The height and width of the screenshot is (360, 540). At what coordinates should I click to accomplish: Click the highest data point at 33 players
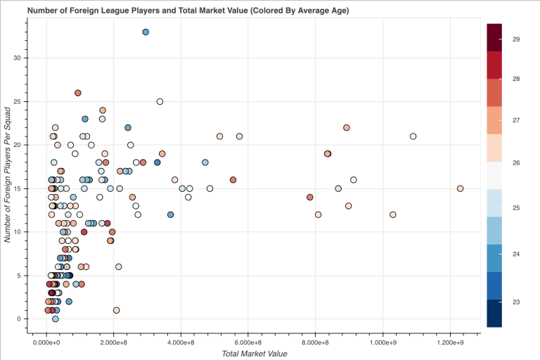146,32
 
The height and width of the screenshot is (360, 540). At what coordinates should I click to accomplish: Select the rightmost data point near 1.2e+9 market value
460,188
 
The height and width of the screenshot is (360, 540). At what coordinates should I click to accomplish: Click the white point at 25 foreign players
160,102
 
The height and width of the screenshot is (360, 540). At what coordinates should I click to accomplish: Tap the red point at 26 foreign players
78,93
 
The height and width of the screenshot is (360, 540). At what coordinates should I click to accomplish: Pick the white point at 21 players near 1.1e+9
413,136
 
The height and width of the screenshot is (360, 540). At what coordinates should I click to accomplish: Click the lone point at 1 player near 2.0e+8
116,310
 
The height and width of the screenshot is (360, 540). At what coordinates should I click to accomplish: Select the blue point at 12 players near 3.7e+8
170,214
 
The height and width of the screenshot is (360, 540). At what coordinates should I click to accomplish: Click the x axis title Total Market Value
254,353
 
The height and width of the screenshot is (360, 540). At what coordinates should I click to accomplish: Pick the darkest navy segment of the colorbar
494,314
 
